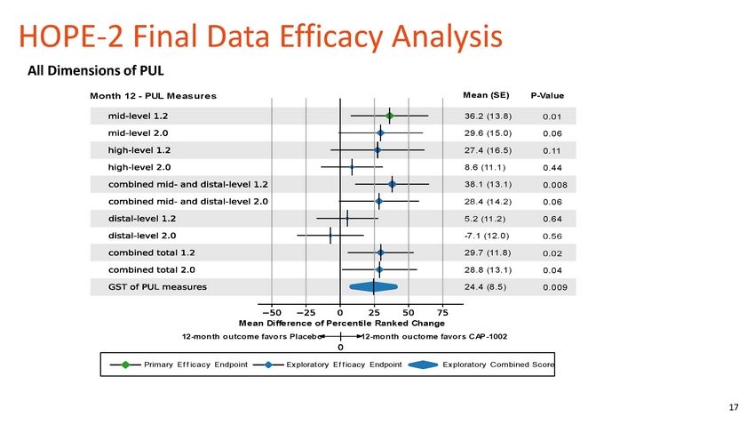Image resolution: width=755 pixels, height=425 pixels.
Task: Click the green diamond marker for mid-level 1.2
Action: (389, 116)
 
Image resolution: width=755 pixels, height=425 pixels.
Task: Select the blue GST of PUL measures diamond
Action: (373, 286)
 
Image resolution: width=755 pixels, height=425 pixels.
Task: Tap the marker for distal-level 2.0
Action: (330, 236)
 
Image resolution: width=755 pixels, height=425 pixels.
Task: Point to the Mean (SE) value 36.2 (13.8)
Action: (487, 116)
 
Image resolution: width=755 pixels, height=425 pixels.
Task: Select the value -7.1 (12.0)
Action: (487, 236)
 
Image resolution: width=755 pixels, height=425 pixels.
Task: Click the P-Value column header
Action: (547, 96)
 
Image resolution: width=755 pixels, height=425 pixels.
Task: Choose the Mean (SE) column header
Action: (486, 95)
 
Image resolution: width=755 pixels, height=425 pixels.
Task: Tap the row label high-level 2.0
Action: (139, 167)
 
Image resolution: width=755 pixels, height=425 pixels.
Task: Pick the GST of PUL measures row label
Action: (157, 286)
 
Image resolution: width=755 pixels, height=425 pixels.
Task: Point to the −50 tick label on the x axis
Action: (270, 312)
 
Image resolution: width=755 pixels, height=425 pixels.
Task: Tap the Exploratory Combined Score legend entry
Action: (497, 365)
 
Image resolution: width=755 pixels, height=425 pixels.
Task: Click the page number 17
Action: (733, 407)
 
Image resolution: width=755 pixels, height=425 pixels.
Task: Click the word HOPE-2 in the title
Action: (63, 37)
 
